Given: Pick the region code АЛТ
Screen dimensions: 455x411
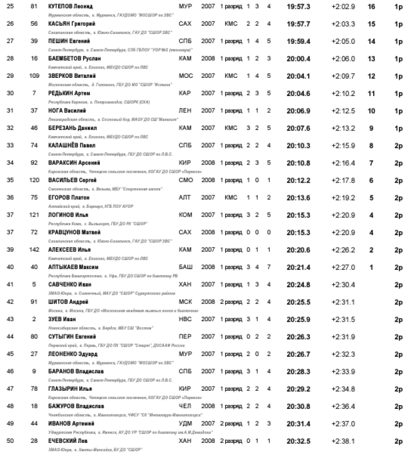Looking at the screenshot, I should [185, 198].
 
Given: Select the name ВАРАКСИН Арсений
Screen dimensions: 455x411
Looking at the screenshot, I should [72, 163].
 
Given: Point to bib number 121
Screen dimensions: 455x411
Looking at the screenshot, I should [34, 215].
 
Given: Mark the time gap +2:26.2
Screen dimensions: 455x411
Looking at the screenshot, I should [343, 250].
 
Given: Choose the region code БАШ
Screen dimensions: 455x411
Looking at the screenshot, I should [185, 267].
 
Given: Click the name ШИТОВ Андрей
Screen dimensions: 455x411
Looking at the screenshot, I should [67, 302].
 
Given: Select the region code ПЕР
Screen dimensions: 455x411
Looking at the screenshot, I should [185, 337].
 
